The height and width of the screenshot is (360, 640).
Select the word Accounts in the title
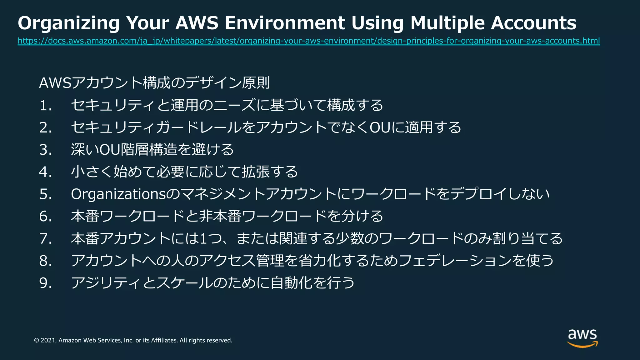(x=533, y=23)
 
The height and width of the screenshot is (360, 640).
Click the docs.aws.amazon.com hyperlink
(x=308, y=41)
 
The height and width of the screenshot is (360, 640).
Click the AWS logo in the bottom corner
(x=582, y=338)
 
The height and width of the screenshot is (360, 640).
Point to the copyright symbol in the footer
(x=36, y=340)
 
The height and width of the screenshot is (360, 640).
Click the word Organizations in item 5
(x=118, y=194)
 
